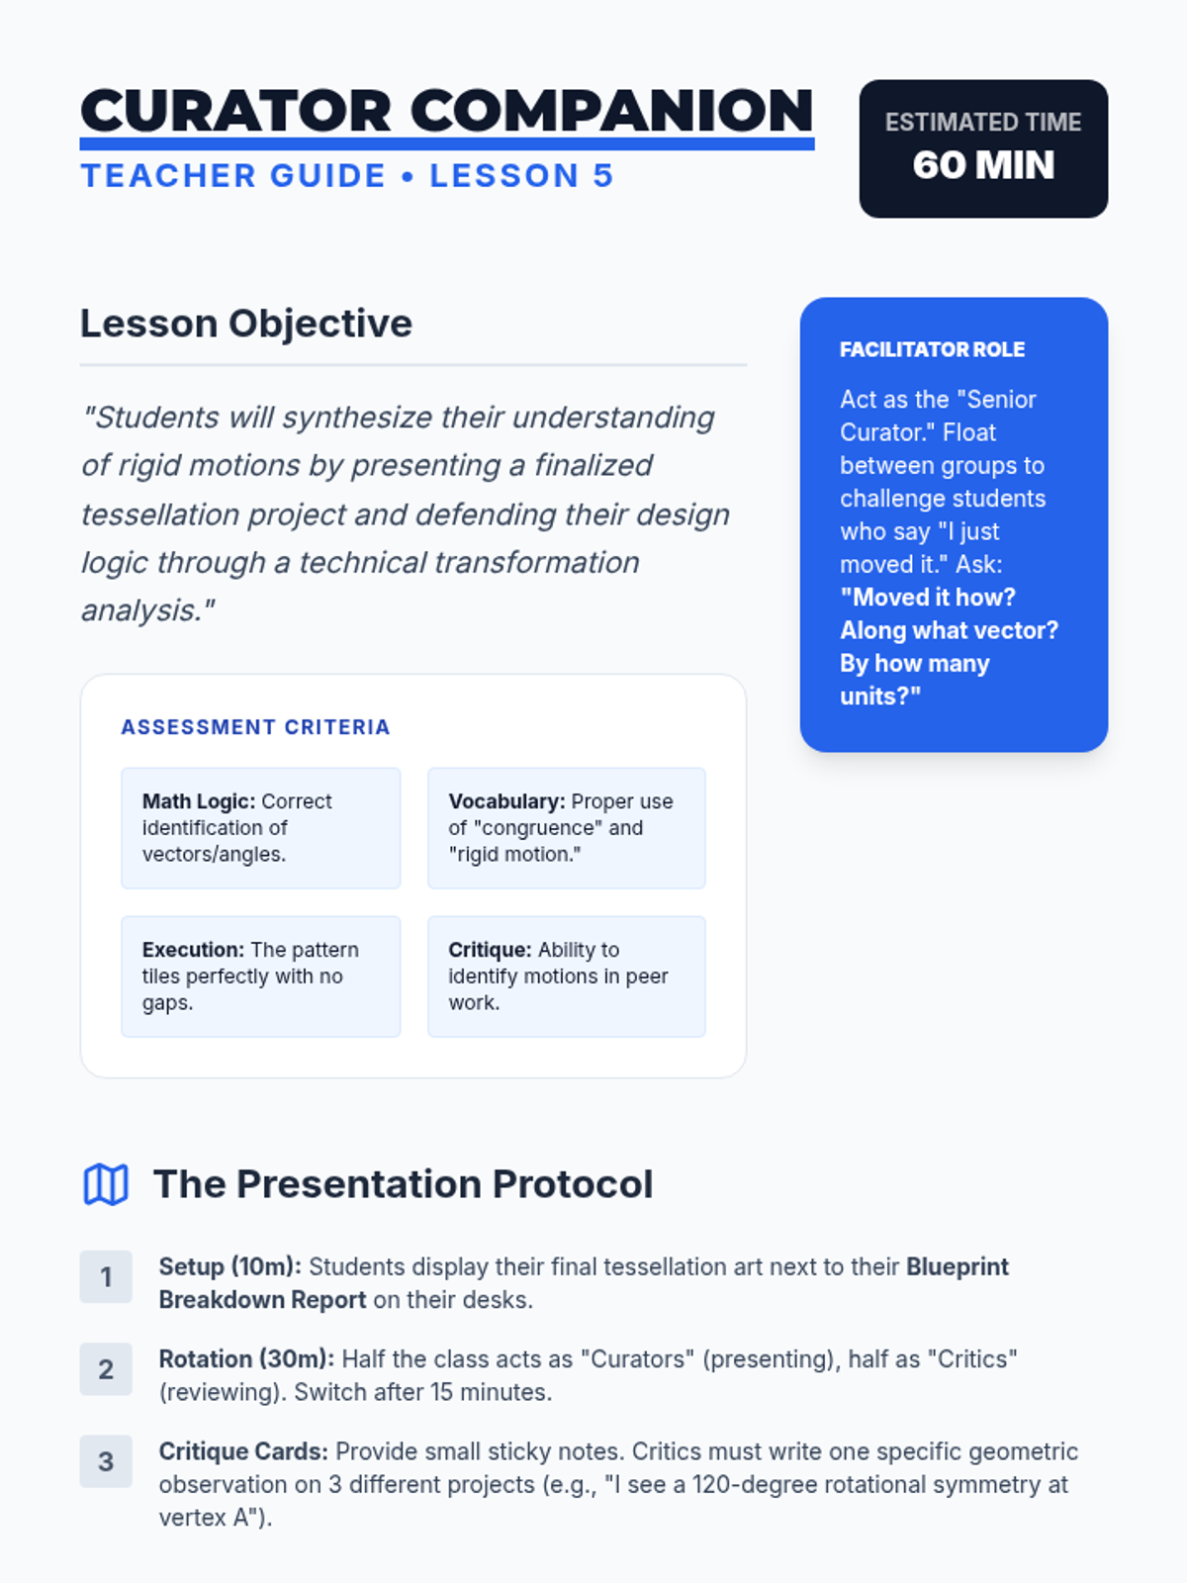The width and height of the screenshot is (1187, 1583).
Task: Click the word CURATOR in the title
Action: click(235, 111)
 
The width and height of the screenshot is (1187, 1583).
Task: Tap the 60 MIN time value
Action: click(983, 164)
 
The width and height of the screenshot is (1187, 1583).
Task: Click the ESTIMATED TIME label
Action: click(983, 122)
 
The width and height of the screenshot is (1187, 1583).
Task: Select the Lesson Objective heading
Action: click(245, 324)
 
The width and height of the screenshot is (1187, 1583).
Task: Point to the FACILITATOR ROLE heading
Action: click(932, 350)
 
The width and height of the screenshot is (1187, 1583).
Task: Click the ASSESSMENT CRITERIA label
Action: click(255, 727)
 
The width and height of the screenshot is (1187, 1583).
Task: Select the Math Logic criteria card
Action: click(261, 828)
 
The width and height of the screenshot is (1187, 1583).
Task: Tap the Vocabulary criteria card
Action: click(567, 828)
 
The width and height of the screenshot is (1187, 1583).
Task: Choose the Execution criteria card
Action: click(261, 977)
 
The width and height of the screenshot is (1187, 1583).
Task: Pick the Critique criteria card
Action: click(567, 977)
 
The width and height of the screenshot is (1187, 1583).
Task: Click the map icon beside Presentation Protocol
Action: click(106, 1184)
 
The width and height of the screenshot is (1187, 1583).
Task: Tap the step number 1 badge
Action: click(106, 1276)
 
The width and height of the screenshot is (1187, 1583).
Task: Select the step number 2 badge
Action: click(106, 1369)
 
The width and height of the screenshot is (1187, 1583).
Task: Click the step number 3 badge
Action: click(106, 1461)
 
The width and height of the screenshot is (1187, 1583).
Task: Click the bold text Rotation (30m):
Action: click(246, 1359)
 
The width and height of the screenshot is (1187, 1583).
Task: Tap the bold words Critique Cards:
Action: click(243, 1451)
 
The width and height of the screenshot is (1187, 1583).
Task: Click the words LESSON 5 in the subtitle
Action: click(521, 176)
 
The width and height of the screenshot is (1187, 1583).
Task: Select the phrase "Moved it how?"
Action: click(928, 598)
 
